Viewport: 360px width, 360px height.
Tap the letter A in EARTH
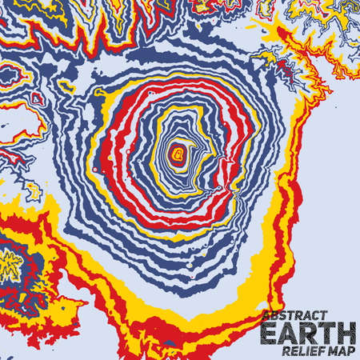coord(289,330)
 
